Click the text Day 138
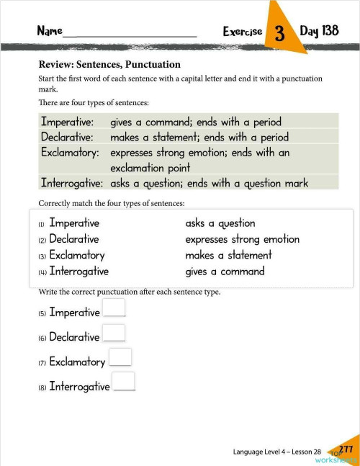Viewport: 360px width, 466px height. tap(319, 31)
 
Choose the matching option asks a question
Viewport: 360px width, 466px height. tap(220, 223)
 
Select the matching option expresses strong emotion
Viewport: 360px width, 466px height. tap(242, 239)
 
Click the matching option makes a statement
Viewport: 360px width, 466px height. tap(228, 255)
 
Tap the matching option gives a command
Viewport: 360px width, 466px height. tap(225, 272)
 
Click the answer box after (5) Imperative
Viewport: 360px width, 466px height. tap(114, 308)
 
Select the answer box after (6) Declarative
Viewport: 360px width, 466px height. tap(114, 332)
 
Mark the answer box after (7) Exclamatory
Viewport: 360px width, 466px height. tap(120, 357)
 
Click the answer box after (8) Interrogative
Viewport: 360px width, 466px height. tap(124, 381)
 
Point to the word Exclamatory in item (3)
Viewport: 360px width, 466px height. tap(77, 255)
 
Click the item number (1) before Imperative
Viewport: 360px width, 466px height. tap(42, 225)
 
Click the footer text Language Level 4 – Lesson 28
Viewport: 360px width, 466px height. tap(277, 452)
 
